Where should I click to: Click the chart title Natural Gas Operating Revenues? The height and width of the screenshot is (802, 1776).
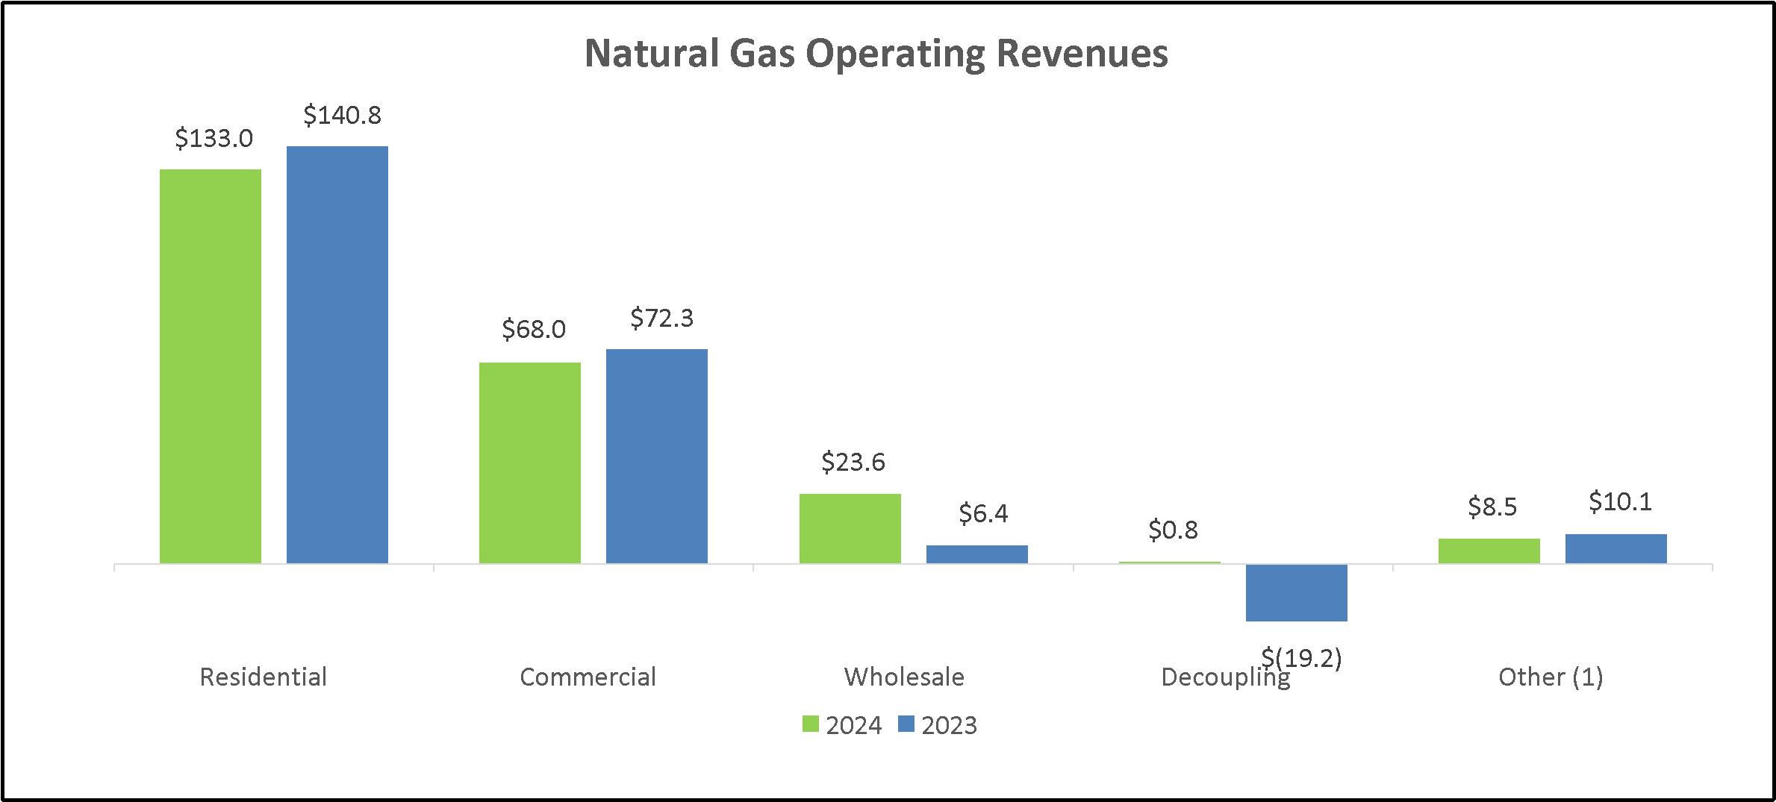[x=876, y=54]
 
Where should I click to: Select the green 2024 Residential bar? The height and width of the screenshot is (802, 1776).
[x=211, y=366]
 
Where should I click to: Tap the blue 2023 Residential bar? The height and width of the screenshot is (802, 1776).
[x=337, y=354]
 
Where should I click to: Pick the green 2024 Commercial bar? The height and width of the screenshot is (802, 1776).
[x=530, y=463]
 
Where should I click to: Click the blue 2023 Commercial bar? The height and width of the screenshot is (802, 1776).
[x=657, y=456]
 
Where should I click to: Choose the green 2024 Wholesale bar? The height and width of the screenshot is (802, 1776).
[x=850, y=528]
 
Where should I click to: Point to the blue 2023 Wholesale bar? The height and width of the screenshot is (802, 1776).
[x=977, y=554]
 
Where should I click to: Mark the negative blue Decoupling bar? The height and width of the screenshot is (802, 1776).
[x=1297, y=592]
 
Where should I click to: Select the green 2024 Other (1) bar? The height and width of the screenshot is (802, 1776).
[x=1489, y=551]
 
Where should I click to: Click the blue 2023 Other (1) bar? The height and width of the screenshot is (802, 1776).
[x=1616, y=548]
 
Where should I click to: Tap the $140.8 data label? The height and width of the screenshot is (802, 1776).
[x=343, y=115]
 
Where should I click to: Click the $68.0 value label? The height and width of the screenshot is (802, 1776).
[x=534, y=329]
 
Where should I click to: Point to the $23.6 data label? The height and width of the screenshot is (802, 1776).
[x=853, y=463]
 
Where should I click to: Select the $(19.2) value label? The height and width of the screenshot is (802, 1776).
[x=1302, y=658]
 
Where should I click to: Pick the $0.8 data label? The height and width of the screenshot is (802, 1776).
[x=1173, y=530]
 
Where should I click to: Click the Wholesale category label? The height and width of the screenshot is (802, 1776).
[x=904, y=677]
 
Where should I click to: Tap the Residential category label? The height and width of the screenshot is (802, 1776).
[x=264, y=677]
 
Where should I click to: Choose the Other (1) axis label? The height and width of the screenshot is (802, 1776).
[x=1551, y=677]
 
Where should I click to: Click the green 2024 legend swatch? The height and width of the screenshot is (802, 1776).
[x=811, y=724]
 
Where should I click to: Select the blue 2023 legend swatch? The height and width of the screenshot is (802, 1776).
[x=906, y=724]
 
